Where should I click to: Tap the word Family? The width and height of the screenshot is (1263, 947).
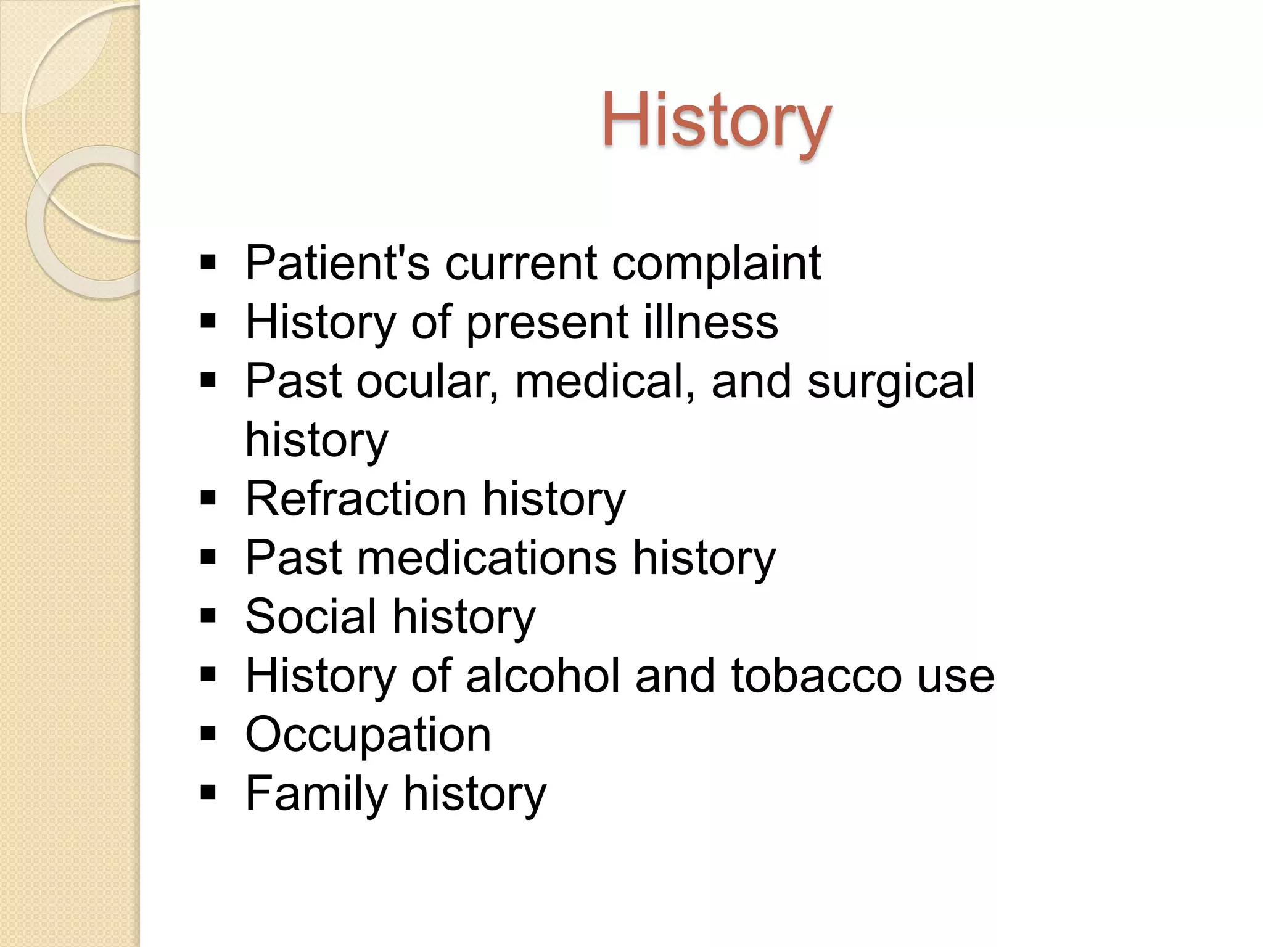pyautogui.click(x=316, y=794)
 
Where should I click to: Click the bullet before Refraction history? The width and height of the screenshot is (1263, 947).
pyautogui.click(x=208, y=498)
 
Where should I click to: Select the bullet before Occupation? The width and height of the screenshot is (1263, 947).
pyautogui.click(x=208, y=734)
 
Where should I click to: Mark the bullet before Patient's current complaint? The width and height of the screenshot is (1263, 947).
pyautogui.click(x=208, y=262)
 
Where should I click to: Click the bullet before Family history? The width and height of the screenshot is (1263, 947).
pyautogui.click(x=208, y=792)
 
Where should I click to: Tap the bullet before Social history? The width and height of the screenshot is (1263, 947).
pyautogui.click(x=208, y=615)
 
